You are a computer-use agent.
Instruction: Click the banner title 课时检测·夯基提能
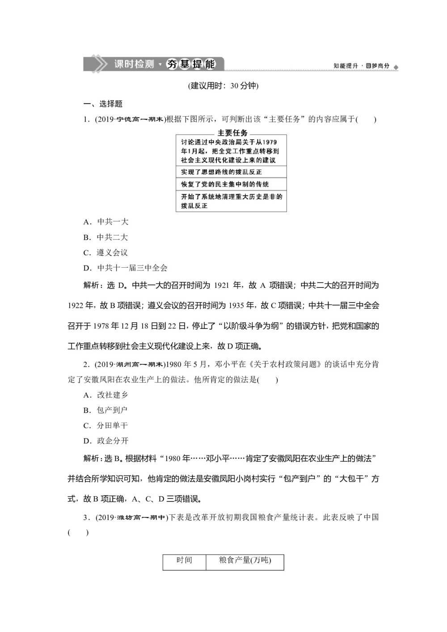[164, 64]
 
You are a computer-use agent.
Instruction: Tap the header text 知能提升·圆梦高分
[361, 66]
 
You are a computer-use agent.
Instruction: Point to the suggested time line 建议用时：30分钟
[223, 86]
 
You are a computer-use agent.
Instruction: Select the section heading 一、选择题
[103, 104]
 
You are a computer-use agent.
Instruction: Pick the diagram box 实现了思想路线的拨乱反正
[231, 172]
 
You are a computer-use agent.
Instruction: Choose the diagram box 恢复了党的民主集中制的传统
[231, 184]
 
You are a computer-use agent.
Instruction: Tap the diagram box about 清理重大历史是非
[231, 201]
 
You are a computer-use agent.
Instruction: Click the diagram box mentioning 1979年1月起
[231, 151]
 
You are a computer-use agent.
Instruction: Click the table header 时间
[184, 560]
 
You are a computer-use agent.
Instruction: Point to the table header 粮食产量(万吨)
[245, 560]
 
